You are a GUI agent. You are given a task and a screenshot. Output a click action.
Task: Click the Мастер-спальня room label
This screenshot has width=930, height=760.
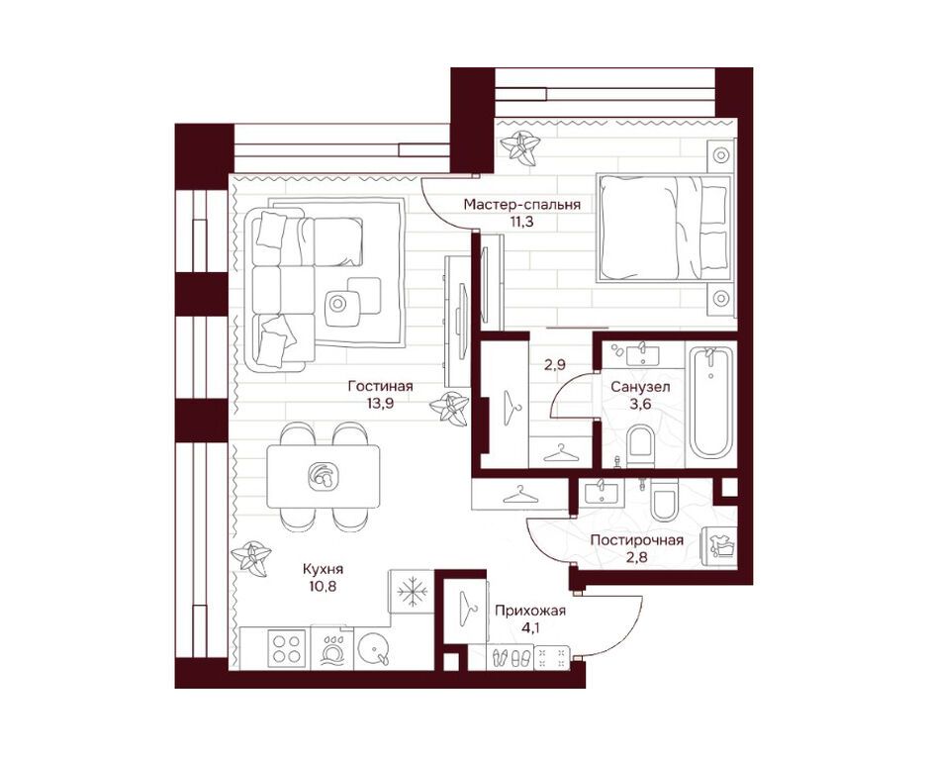[x=521, y=204]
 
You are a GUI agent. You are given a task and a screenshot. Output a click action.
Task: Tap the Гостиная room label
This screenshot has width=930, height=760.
[x=380, y=386]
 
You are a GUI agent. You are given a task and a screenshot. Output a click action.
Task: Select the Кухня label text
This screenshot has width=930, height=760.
[x=324, y=569]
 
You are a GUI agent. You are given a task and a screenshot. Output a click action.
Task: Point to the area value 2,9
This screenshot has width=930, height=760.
[x=556, y=364]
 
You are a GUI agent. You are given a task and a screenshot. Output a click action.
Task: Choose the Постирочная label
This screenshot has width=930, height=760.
[x=636, y=540]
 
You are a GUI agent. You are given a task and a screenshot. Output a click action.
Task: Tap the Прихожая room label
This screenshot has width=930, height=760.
[x=529, y=611]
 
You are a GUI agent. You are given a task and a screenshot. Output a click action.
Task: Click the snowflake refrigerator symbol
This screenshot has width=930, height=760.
[x=410, y=592]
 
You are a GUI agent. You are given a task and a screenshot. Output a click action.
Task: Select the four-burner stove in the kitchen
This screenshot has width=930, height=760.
[x=287, y=651]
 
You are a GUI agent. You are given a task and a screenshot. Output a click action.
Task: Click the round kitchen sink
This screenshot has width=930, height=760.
[x=376, y=651]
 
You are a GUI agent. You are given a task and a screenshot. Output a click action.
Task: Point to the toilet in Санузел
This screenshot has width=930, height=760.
[x=641, y=442]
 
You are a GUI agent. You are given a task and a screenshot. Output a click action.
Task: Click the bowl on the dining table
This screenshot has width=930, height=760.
[x=322, y=474]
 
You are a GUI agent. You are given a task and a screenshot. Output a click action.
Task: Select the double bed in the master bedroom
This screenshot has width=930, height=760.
[x=663, y=228]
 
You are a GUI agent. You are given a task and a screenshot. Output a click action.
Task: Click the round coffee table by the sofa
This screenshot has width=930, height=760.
[x=344, y=306]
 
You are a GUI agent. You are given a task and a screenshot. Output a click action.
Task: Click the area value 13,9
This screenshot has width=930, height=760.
[x=380, y=404]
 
